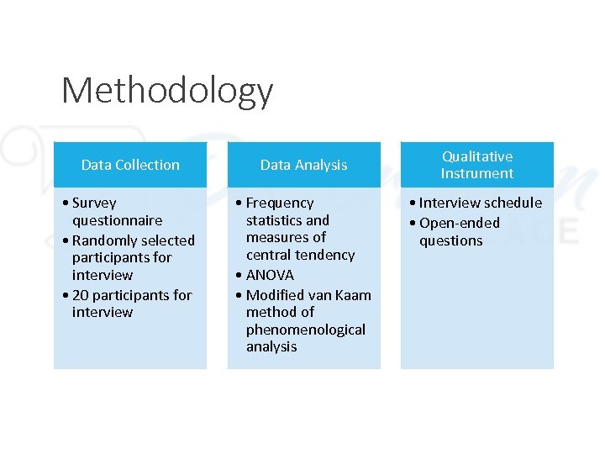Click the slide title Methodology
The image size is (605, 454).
pyautogui.click(x=167, y=91)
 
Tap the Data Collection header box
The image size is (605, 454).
pyautogui.click(x=130, y=165)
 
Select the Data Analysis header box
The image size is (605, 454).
pyautogui.click(x=303, y=165)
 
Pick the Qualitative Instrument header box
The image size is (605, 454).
pyautogui.click(x=476, y=165)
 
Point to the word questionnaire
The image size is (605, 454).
pyautogui.click(x=117, y=220)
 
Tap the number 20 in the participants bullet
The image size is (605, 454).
pyautogui.click(x=81, y=295)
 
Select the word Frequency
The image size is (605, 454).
pyautogui.click(x=280, y=203)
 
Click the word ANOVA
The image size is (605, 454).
pyautogui.click(x=270, y=275)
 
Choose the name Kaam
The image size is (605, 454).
pyautogui.click(x=354, y=294)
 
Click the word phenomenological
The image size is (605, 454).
pyautogui.click(x=306, y=330)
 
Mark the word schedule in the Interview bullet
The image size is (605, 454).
pyautogui.click(x=513, y=203)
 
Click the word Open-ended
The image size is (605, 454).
pyautogui.click(x=459, y=223)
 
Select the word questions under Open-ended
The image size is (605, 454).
pyautogui.click(x=451, y=240)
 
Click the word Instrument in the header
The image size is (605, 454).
pyautogui.click(x=476, y=173)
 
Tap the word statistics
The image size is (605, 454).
pyautogui.click(x=275, y=220)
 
